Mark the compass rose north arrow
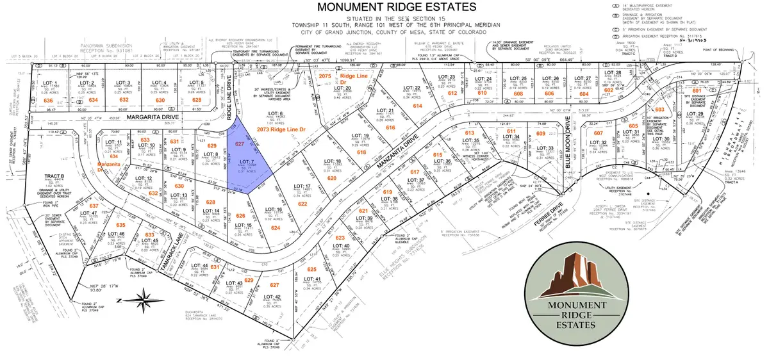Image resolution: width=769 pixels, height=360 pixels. [146, 297]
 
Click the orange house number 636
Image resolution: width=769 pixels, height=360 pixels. [47, 101]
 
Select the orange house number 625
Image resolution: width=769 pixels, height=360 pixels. [312, 269]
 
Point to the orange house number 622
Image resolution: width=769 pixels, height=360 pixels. [302, 203]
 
